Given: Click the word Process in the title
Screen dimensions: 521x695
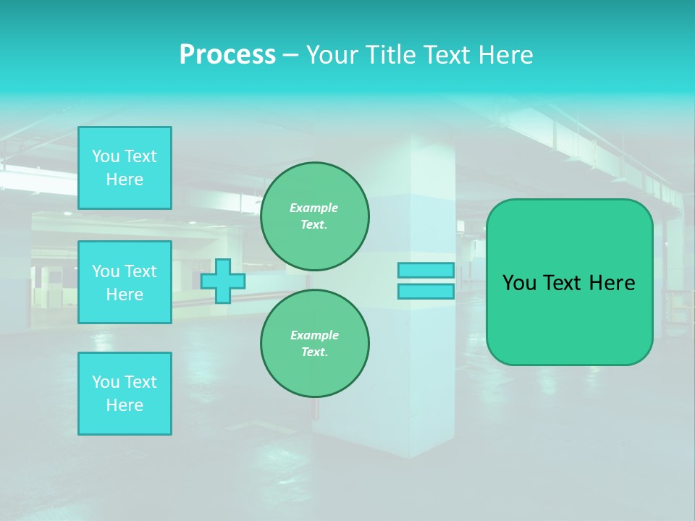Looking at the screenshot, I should [x=227, y=55].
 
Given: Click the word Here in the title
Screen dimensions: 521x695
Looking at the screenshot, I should [x=504, y=55].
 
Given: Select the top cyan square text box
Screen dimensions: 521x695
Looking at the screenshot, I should [x=125, y=168].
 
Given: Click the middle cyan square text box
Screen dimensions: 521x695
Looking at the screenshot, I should [x=125, y=282].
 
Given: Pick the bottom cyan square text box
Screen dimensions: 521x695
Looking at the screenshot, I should [x=125, y=394].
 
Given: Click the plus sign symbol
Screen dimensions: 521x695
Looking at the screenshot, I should [x=223, y=281].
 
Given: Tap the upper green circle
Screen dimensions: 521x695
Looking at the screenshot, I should [x=315, y=216].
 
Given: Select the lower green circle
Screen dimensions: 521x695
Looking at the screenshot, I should [x=315, y=344].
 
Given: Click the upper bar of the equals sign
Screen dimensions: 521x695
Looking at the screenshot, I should [x=426, y=271].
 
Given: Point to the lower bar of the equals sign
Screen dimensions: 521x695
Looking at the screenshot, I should [x=426, y=292].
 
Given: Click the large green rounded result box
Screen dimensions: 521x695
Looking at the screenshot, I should [x=570, y=318].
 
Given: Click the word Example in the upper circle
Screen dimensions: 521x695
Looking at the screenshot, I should [x=313, y=208].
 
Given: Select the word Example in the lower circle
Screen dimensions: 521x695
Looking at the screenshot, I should [x=314, y=335].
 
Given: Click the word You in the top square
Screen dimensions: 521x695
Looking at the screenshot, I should [x=106, y=156].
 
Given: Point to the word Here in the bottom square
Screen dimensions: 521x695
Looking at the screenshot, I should [x=125, y=405].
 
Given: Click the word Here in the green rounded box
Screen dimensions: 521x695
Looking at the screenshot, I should [x=612, y=283].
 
